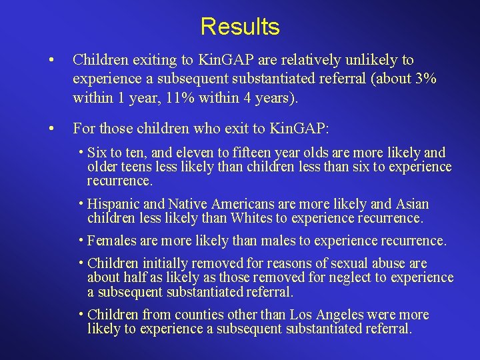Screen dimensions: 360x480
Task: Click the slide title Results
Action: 240,27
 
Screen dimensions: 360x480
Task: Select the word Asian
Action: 410,204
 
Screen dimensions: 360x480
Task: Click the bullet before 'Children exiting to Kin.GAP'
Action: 51,61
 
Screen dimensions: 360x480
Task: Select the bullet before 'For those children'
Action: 51,127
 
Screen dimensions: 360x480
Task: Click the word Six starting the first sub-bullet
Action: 98,153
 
